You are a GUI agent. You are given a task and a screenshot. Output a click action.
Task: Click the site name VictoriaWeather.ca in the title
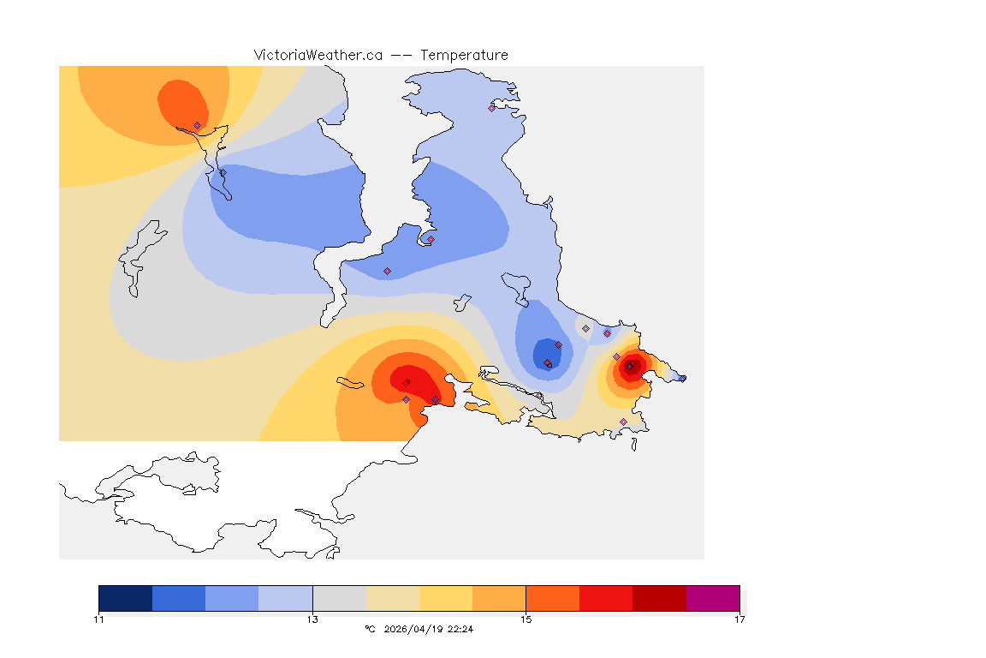pos(318,55)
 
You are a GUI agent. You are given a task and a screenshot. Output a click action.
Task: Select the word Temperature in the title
pos(464,55)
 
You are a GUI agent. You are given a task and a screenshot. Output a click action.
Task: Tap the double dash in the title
pos(401,55)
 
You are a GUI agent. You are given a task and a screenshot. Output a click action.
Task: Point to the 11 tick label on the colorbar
pos(99,619)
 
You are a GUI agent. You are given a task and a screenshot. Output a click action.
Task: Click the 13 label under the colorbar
pos(312,619)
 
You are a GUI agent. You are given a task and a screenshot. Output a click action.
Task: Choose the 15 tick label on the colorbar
pos(526,619)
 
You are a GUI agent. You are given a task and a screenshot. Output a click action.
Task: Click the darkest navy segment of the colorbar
pos(126,598)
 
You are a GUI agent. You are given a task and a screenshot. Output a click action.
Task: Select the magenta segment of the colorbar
pos(713,598)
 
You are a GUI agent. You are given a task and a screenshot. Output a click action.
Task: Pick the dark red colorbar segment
pos(659,598)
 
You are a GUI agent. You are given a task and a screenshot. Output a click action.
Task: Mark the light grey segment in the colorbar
pos(339,598)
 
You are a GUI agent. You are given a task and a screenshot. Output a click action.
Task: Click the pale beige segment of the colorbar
pos(392,598)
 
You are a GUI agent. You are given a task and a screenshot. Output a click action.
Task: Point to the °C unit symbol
pos(370,629)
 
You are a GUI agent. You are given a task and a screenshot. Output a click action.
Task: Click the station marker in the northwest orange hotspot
pos(197,125)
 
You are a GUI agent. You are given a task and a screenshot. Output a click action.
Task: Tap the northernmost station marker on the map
pos(491,108)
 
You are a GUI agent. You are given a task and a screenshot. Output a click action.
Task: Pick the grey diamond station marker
pos(585,328)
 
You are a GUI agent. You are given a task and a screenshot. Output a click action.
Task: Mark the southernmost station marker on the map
pos(623,422)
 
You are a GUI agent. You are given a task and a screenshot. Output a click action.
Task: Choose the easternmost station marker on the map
pos(682,378)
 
